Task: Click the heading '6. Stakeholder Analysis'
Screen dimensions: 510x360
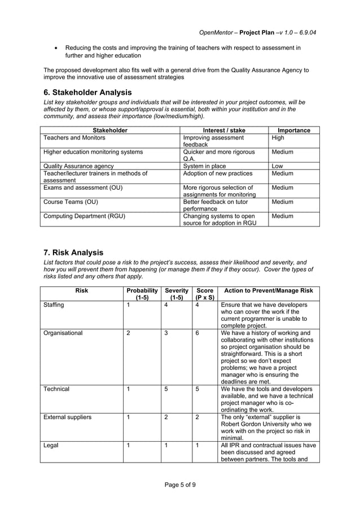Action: click(x=87, y=92)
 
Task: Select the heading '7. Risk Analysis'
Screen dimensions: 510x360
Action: click(x=73, y=252)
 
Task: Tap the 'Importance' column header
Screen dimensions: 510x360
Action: click(x=293, y=130)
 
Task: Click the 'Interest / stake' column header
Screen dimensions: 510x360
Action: click(x=223, y=130)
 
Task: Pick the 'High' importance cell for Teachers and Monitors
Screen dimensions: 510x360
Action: click(x=278, y=138)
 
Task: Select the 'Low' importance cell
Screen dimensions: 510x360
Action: click(x=278, y=166)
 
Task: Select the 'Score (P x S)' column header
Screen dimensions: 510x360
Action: click(x=204, y=294)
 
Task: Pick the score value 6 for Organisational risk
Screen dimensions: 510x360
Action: click(x=197, y=333)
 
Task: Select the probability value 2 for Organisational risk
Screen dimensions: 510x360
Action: click(x=128, y=333)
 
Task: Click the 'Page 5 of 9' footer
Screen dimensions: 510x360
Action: click(x=180, y=485)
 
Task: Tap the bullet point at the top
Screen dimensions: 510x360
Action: click(x=55, y=49)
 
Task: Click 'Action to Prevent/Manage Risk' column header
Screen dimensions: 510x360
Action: click(x=269, y=291)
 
